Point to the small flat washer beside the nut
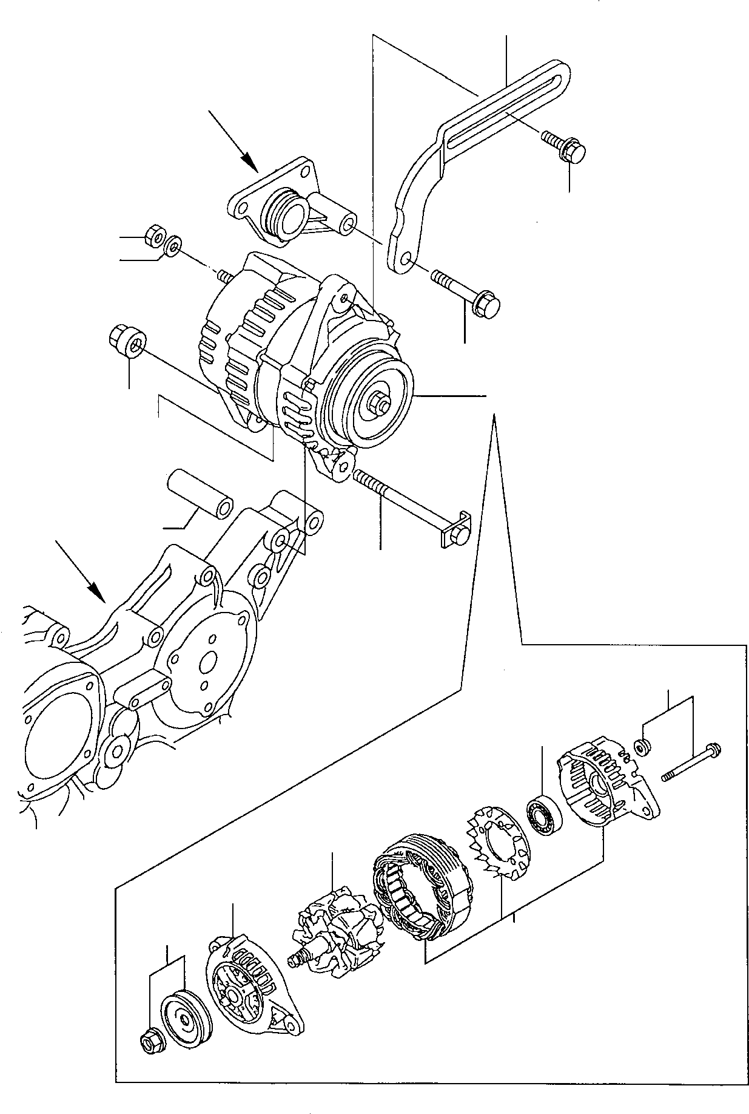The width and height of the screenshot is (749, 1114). (173, 246)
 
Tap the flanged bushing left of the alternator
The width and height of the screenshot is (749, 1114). (128, 341)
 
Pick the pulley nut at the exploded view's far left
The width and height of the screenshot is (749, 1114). (147, 1043)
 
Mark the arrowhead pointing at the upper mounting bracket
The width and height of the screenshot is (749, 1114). (248, 161)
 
